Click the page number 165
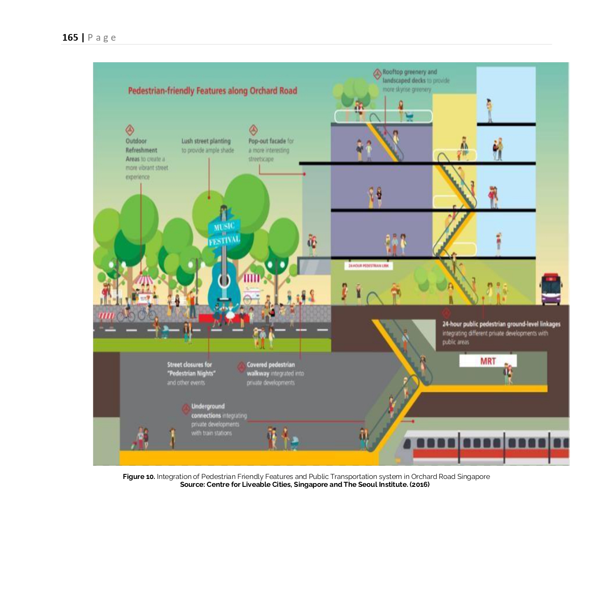tap(70, 38)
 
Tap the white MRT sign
tap(488, 361)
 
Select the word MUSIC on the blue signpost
tap(224, 227)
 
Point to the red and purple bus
tap(551, 289)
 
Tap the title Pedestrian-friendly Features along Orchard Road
tap(212, 91)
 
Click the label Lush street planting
tap(206, 142)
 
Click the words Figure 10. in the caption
tap(139, 476)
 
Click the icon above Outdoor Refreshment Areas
tap(130, 130)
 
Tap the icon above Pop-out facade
tap(253, 130)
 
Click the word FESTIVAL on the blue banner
tap(224, 240)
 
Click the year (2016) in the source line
tap(419, 484)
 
